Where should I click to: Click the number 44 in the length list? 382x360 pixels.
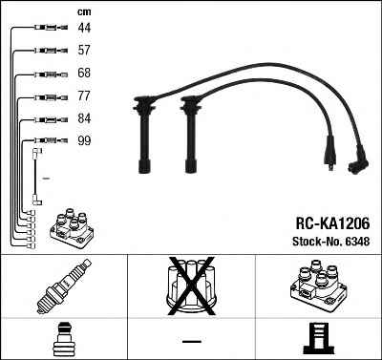[x=84, y=28]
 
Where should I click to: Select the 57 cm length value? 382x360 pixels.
[x=84, y=50]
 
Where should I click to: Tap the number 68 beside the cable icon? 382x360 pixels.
[x=84, y=73]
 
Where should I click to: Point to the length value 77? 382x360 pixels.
[x=84, y=95]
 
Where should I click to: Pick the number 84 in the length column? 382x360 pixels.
[x=84, y=118]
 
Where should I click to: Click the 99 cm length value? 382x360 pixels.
[x=84, y=140]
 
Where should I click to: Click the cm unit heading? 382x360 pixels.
[x=84, y=12]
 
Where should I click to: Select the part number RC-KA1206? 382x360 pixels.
[x=332, y=223]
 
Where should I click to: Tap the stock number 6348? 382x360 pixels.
[x=357, y=242]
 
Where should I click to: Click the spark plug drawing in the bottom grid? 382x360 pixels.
[x=64, y=286]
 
